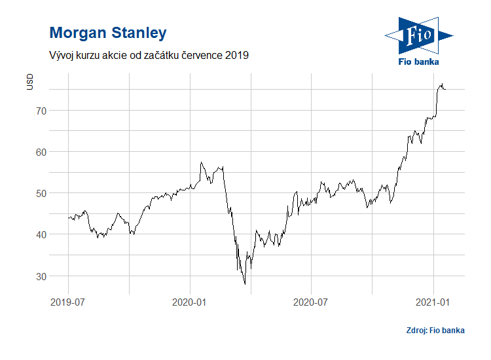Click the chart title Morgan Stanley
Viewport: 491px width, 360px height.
(108, 33)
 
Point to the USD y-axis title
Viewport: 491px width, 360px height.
(29, 82)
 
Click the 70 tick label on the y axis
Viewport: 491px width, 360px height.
(41, 111)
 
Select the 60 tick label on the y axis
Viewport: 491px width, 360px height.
(41, 152)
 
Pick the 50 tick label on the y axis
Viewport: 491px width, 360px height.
(41, 193)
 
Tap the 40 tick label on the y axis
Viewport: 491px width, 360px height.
(41, 234)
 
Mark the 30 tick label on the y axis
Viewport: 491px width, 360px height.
(41, 276)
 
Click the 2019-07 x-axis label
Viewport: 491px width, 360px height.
(68, 302)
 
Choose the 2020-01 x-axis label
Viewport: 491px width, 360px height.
(190, 302)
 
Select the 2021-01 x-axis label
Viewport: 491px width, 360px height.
(433, 302)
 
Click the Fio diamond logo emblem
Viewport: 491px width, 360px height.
(418, 35)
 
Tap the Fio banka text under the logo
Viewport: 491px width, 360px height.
(418, 62)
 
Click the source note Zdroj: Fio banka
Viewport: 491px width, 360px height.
(435, 330)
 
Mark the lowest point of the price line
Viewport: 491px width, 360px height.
(245, 284)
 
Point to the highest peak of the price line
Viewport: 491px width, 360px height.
(442, 84)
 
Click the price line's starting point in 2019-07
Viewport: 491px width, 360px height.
(68, 217)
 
